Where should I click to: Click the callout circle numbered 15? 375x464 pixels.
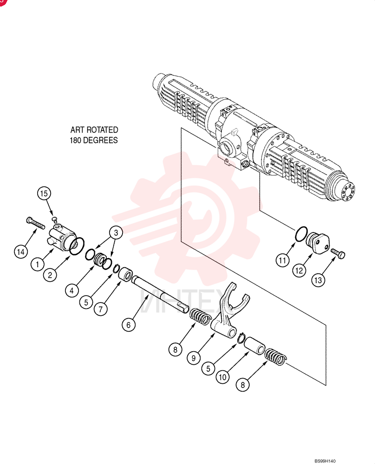tap(44, 193)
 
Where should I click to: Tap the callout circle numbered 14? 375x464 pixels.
tap(21, 252)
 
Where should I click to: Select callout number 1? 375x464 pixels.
tap(37, 264)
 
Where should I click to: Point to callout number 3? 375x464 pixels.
tap(116, 232)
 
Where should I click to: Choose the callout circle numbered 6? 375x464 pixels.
tap(129, 325)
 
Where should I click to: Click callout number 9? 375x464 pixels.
tap(194, 358)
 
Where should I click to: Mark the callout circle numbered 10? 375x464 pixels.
tap(223, 377)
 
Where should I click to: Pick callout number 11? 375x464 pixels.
tap(282, 260)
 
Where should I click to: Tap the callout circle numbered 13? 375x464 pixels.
tap(318, 280)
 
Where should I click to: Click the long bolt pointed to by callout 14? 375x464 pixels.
tap(35, 223)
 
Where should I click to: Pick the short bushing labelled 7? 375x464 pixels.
tap(125, 274)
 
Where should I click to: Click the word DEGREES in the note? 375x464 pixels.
tap(100, 140)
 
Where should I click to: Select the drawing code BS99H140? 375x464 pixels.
tap(325, 461)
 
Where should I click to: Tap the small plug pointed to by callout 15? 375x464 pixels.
tap(54, 219)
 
